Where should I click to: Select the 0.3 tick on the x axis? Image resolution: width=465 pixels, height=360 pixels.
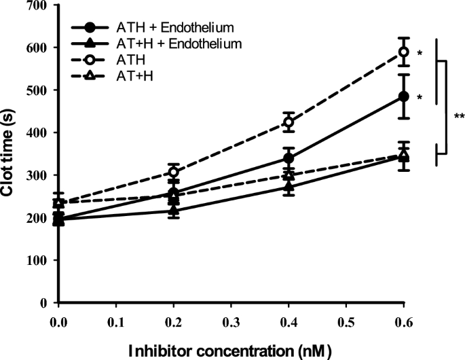click(x=231, y=317)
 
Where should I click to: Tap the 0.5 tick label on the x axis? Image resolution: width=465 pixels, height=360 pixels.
click(x=346, y=317)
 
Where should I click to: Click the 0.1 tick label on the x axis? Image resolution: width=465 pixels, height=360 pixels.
click(x=116, y=317)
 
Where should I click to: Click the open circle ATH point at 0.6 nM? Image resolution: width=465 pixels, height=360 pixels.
click(x=404, y=52)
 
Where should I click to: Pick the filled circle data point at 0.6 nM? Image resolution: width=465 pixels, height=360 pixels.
click(x=404, y=96)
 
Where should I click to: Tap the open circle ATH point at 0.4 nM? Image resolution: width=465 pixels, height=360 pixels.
click(x=289, y=123)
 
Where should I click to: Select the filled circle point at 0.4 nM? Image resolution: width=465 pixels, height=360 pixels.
click(x=289, y=158)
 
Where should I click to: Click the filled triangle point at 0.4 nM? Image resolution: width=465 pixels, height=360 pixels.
click(x=289, y=186)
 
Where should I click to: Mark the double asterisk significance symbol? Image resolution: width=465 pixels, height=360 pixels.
click(x=459, y=117)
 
